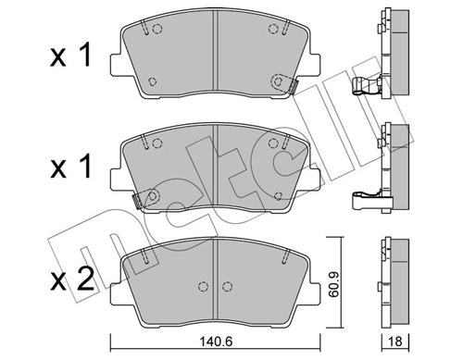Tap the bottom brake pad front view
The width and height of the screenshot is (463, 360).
(x=214, y=278)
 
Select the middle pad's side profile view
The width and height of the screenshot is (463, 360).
(x=394, y=157)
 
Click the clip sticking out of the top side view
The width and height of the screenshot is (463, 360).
(x=366, y=90)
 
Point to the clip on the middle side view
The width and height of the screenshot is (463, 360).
(x=366, y=197)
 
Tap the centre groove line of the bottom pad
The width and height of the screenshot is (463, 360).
(x=215, y=278)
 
